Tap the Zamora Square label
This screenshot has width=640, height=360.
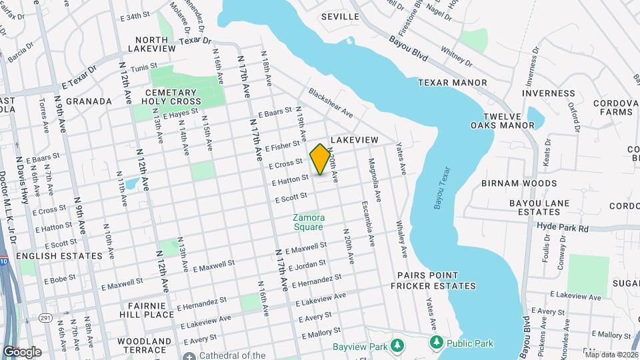[308, 222]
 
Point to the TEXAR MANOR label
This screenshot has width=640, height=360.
[453, 83]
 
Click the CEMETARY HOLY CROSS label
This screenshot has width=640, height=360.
[171, 97]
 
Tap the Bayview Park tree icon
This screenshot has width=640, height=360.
[398, 345]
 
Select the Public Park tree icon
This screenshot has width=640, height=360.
[437, 343]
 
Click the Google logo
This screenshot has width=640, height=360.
[22, 351]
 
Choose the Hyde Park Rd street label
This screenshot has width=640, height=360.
[564, 228]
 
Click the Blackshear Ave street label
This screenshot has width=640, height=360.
[331, 103]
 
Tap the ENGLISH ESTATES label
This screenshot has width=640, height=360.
[59, 255]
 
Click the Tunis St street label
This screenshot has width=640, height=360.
[143, 67]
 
